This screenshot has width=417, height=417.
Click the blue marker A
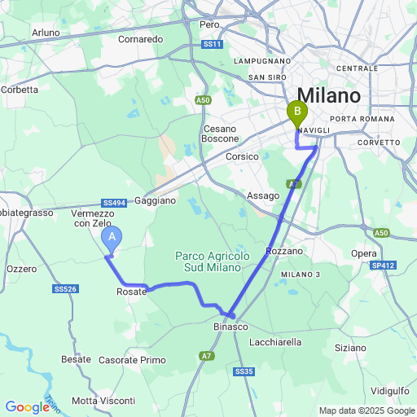click(x=112, y=238)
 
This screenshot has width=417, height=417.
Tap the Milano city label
click(x=329, y=95)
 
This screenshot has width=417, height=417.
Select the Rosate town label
click(x=132, y=292)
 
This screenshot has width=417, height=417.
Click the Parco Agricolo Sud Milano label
click(x=213, y=261)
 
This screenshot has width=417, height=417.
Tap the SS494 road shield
click(x=114, y=203)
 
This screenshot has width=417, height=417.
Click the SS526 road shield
click(x=65, y=289)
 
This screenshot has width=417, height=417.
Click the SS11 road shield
click(x=212, y=44)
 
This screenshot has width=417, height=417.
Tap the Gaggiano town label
click(x=156, y=200)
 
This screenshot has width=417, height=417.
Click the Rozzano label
click(x=284, y=251)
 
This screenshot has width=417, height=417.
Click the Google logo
click(x=28, y=407)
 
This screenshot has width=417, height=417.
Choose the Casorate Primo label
click(x=132, y=360)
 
